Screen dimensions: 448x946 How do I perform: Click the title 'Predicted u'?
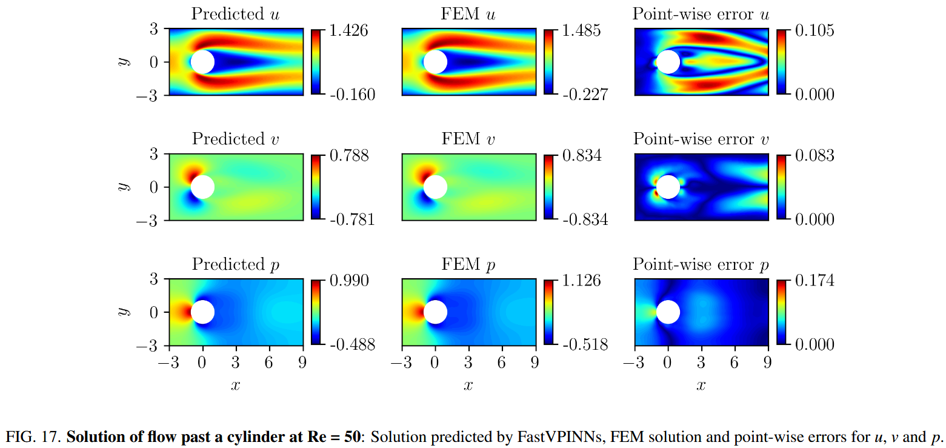pyautogui.click(x=235, y=14)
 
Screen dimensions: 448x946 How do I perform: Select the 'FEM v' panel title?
pyautogui.click(x=468, y=139)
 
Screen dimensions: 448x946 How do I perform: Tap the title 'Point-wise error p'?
pyautogui.click(x=701, y=264)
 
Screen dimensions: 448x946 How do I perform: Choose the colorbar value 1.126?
pyautogui.click(x=580, y=281)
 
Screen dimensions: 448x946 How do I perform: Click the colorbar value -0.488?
pyautogui.click(x=352, y=344)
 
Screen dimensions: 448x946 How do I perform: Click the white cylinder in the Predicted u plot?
pyautogui.click(x=202, y=62)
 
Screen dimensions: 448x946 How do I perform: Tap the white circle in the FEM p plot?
pyautogui.click(x=435, y=312)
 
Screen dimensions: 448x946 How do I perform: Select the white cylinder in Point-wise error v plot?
pyautogui.click(x=668, y=187)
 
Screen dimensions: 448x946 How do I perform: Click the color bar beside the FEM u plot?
pyautogui.click(x=548, y=62)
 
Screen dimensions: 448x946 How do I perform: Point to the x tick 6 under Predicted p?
pyautogui.click(x=268, y=363)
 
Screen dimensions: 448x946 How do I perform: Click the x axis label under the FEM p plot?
pyautogui.click(x=468, y=385)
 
